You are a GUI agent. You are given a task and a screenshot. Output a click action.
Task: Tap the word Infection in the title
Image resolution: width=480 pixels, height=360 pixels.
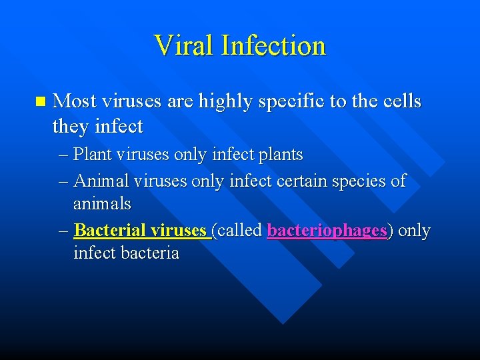click(x=273, y=45)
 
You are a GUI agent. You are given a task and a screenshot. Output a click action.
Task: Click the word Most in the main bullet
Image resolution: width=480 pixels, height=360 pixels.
click(x=75, y=101)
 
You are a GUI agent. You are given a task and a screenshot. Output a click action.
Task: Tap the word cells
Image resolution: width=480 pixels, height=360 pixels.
click(x=399, y=101)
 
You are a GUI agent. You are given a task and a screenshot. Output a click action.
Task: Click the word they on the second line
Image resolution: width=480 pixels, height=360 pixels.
click(x=71, y=125)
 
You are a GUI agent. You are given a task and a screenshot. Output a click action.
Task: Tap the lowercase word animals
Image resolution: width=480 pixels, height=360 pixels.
click(x=102, y=203)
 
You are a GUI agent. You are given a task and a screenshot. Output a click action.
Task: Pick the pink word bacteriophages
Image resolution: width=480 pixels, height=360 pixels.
click(x=327, y=231)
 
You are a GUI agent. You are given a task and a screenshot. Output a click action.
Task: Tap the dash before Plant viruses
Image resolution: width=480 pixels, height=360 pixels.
click(x=63, y=155)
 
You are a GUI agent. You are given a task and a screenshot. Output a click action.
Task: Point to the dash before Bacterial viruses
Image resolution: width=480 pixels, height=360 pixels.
click(x=63, y=231)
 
